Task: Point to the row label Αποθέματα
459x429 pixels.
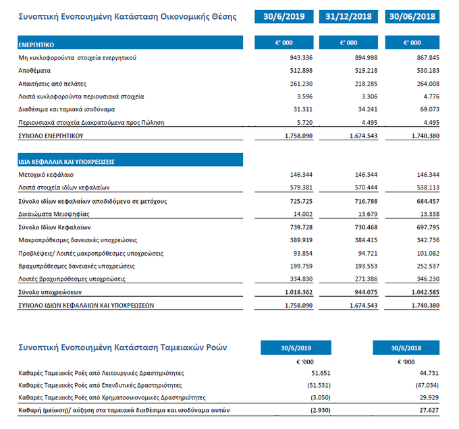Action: click(34, 71)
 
